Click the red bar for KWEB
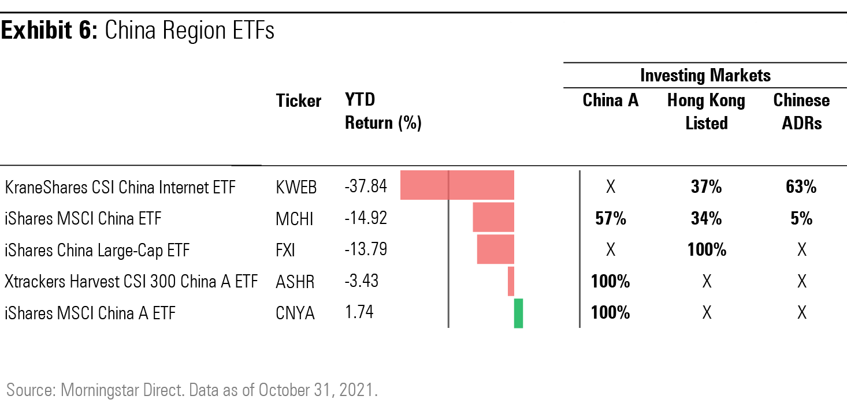pos(457,185)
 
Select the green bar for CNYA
pos(518,313)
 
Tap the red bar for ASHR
pos(511,282)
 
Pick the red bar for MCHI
pos(493,218)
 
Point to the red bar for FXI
pos(495,249)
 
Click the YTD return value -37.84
pos(366,186)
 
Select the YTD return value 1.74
pos(359,312)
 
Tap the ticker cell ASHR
pos(295,282)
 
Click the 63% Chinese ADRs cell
pos(801,187)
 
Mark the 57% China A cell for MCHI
pos(610,219)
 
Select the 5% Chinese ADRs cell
pos(801,219)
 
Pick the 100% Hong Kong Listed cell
pos(706,250)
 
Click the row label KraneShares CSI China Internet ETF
pos(120,188)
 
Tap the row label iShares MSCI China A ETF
pos(90,313)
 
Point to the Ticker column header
pos(299,101)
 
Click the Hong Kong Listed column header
pos(706,111)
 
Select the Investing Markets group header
pos(705,75)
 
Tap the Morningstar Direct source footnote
pos(192,389)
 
